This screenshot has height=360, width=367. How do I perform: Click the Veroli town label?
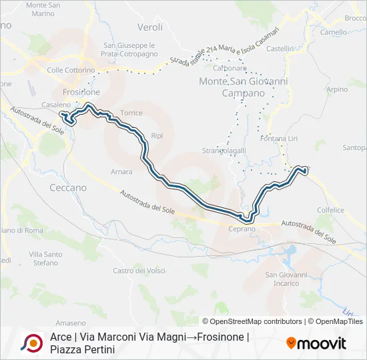coord(150,27)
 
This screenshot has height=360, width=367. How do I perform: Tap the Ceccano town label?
coord(68,187)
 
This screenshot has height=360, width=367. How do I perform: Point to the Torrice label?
coord(131,113)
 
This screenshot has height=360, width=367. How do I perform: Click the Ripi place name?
coord(157,135)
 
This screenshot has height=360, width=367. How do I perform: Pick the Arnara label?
coord(121,171)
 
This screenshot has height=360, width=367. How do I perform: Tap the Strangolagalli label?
coord(224,150)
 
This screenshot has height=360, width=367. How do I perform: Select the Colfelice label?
coord(331,209)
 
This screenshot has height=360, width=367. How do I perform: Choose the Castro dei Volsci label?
coord(139,270)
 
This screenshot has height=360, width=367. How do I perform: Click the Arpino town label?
coord(338,89)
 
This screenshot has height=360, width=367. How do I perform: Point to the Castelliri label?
coord(280,48)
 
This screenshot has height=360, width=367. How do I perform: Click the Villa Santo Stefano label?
coord(46,259)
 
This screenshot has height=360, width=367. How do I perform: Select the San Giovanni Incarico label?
coord(286,279)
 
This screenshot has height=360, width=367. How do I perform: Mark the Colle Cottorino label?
coord(71,70)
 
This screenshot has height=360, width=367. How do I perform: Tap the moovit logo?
coord(317,343)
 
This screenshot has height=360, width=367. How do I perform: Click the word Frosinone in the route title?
coord(219,337)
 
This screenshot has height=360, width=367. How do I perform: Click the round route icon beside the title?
coord(31,343)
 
